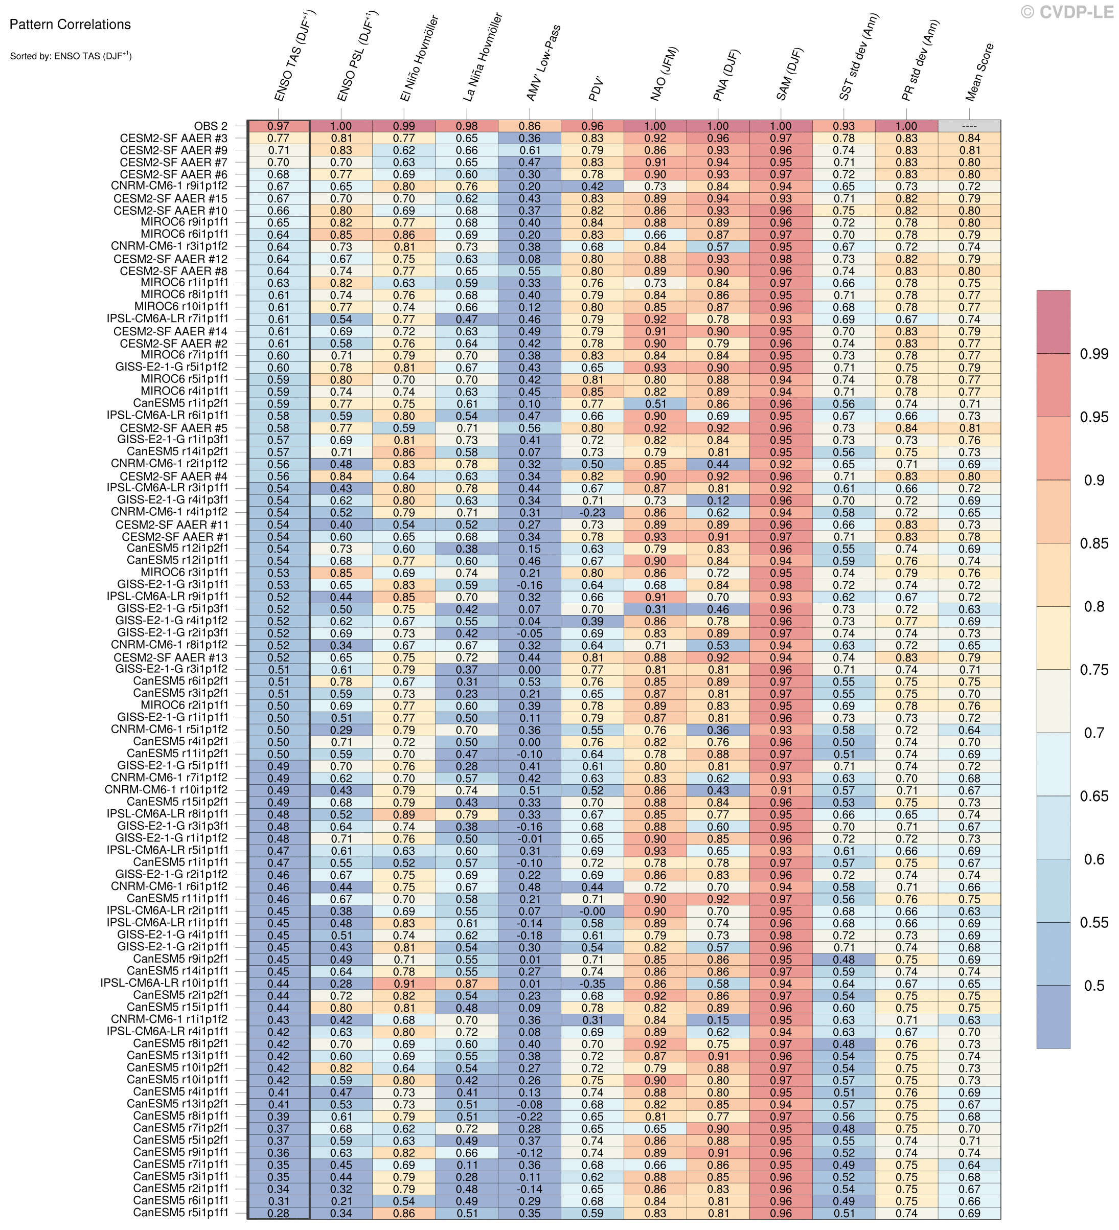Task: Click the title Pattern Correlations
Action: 70,25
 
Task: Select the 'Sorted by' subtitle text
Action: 71,56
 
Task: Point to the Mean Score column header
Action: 980,72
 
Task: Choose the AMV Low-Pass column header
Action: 543,63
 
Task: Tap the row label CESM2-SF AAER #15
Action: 171,199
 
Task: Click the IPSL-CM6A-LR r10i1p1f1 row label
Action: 165,984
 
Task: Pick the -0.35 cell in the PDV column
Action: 592,984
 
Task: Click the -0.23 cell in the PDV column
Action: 592,512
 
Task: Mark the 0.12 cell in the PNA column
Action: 718,500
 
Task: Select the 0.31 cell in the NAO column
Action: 655,609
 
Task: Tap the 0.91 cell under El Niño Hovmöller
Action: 404,984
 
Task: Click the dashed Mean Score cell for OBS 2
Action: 969,126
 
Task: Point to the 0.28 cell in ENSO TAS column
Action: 278,1213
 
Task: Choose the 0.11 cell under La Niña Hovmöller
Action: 467,1165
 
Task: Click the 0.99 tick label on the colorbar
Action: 1094,354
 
